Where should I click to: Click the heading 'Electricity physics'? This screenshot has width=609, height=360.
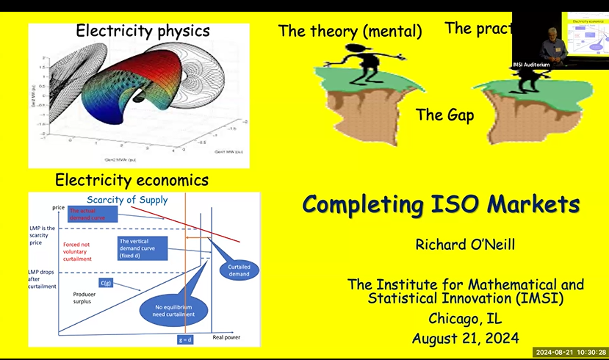point(143,31)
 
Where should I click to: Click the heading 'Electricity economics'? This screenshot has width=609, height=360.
point(132,179)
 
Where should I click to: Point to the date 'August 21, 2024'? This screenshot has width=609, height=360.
point(465,338)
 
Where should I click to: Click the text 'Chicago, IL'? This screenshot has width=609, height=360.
point(465,318)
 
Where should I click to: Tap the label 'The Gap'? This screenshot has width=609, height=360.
point(444,115)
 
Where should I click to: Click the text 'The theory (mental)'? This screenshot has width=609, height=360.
point(350,31)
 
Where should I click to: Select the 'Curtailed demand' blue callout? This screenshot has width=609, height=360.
point(238,270)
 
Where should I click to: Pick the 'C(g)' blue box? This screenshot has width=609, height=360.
point(105,282)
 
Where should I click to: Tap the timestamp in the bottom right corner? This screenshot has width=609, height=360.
point(570,352)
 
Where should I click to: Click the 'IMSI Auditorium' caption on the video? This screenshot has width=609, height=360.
point(530,65)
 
